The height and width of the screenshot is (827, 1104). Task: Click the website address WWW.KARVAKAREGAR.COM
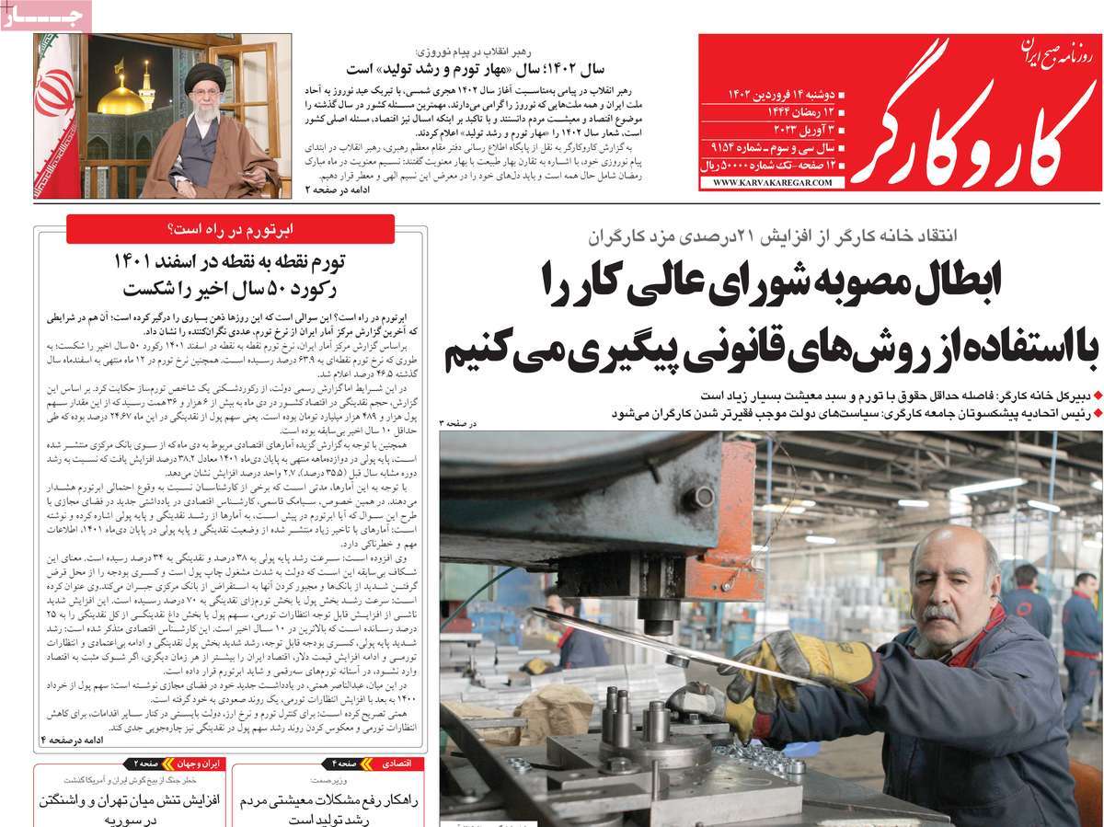(772, 183)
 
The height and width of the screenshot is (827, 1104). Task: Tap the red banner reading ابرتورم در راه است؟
(230, 229)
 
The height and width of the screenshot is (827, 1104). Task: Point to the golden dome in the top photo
(121, 97)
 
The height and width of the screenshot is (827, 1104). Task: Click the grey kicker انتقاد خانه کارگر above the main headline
(884, 235)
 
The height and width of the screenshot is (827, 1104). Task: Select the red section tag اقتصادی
(403, 764)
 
